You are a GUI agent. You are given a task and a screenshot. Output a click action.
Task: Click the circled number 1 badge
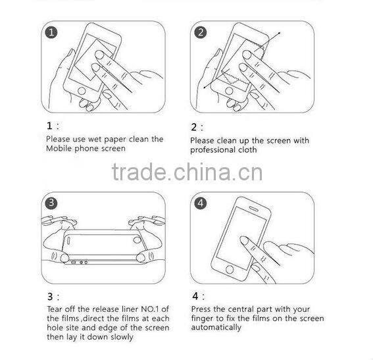[x=51, y=32]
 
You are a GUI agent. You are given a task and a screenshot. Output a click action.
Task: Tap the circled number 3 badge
[x=53, y=203]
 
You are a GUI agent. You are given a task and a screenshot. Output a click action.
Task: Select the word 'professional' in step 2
[x=215, y=150]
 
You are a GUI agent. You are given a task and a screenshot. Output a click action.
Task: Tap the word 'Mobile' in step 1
[x=58, y=149]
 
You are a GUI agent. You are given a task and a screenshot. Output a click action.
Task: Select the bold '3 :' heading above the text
[x=53, y=297]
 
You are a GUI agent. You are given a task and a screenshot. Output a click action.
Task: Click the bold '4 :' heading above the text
[x=197, y=297]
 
